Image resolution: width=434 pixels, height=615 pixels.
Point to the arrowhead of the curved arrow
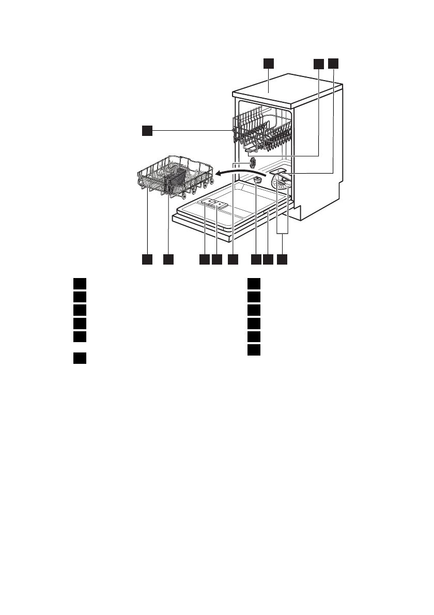point(219,174)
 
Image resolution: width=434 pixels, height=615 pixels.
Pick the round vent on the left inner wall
point(253,163)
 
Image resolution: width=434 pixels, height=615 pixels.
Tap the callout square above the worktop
point(268,63)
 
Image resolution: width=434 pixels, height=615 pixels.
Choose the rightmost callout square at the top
point(334,63)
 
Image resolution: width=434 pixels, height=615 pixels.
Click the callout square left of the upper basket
point(147,131)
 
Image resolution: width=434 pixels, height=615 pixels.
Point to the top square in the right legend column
point(253,283)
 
